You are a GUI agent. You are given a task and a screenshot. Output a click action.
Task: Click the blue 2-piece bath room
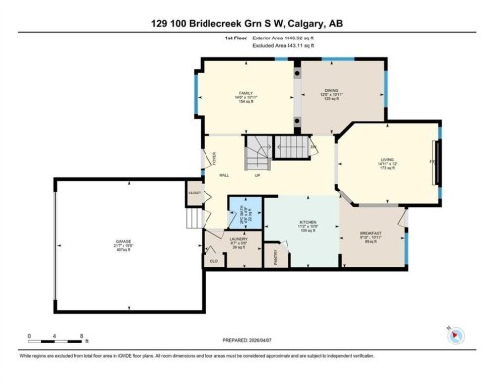(x=244, y=213)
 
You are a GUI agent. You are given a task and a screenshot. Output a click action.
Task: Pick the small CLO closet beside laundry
(x=213, y=260)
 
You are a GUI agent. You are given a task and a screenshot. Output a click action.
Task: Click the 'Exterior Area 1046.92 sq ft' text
(x=277, y=37)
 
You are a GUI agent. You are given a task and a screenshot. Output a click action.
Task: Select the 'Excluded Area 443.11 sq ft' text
(x=277, y=44)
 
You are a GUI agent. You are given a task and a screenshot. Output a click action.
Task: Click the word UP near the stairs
(x=257, y=177)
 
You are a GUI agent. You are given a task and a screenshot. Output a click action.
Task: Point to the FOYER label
(x=215, y=158)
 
